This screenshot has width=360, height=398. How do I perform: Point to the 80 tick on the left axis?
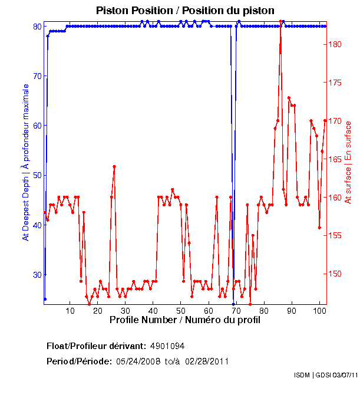37,27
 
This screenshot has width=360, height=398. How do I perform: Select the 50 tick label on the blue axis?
37,175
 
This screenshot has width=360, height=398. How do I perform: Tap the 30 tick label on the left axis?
37,275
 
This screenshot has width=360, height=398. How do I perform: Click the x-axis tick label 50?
181,311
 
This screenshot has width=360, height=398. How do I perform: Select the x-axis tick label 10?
70,311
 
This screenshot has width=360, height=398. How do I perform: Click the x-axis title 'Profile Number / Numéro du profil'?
185,320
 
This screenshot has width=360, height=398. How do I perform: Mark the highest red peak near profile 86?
280,21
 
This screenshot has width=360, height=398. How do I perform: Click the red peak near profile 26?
114,166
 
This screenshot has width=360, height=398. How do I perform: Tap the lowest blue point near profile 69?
233,304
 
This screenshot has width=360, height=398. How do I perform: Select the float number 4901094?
171,346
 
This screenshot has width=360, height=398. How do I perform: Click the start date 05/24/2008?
138,361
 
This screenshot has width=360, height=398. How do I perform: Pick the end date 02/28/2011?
207,361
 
